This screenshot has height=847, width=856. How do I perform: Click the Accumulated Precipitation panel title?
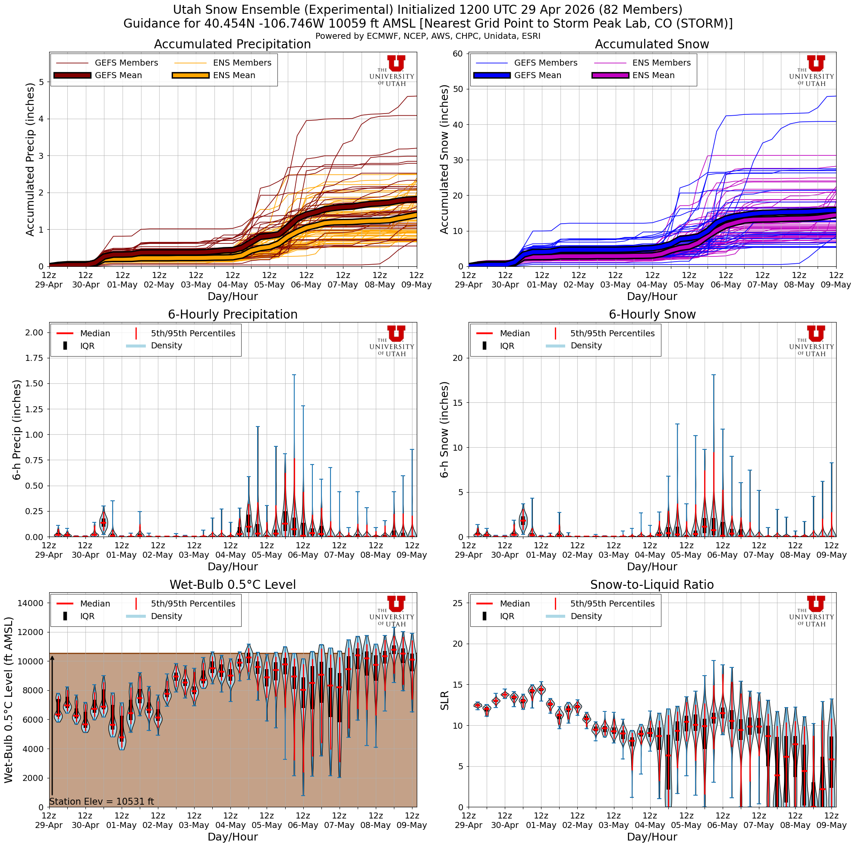232,44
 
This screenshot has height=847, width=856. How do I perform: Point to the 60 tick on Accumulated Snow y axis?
458,54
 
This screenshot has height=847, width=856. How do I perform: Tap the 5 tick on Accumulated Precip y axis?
41,82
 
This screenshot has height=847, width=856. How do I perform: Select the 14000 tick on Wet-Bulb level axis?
31,603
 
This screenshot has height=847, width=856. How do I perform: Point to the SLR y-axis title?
445,700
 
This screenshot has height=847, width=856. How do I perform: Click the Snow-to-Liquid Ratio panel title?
652,585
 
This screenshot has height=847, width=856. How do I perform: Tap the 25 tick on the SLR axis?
458,603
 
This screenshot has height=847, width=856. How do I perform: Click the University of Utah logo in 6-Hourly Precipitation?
392,341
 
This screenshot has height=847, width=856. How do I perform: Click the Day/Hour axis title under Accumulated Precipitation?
232,297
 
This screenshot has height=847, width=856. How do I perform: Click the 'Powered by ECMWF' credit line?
428,36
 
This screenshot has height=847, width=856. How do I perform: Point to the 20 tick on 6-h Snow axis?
458,358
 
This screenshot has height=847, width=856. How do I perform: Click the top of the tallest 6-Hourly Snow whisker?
713,375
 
